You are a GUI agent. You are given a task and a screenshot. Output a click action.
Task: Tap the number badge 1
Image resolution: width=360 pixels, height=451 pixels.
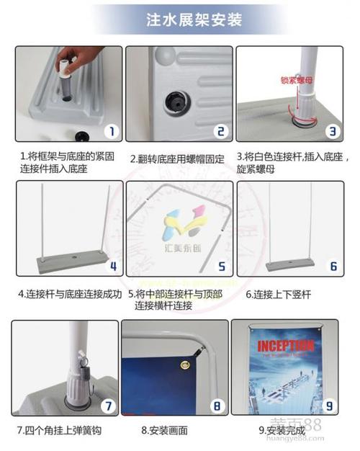pyautogui.click(x=110, y=132)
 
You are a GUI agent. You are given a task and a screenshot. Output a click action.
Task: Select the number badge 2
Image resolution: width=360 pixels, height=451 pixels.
pyautogui.click(x=221, y=132)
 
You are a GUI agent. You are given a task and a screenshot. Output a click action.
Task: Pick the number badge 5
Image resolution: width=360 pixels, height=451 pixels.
pyautogui.click(x=222, y=266)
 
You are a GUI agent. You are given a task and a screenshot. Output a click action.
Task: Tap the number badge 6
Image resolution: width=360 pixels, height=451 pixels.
pyautogui.click(x=333, y=266)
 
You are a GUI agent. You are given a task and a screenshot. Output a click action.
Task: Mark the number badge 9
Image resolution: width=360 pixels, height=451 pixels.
pyautogui.click(x=329, y=406)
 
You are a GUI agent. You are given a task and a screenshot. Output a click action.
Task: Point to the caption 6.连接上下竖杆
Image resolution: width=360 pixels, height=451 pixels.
pyautogui.click(x=278, y=294)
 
